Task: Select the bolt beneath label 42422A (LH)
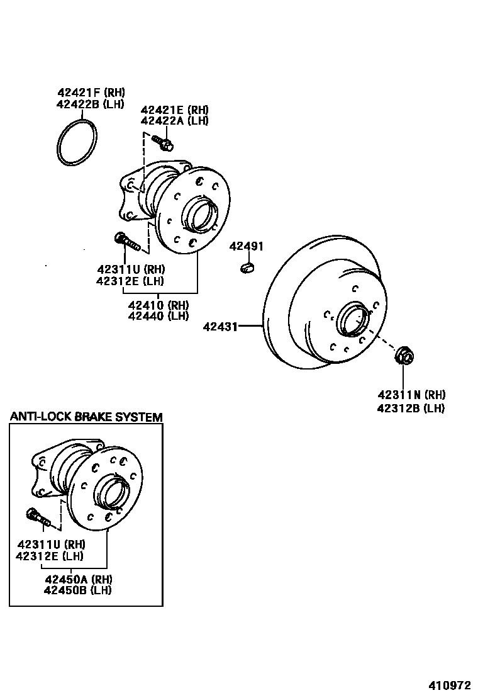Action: tap(165, 144)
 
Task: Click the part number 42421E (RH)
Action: tap(174, 109)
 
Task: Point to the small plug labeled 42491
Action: tap(247, 269)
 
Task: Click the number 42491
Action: tap(246, 246)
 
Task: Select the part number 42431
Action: tap(220, 326)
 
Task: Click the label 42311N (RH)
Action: tap(411, 395)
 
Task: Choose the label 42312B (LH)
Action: tap(411, 408)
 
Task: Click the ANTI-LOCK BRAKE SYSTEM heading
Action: tap(86, 417)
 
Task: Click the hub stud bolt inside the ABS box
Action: tap(37, 517)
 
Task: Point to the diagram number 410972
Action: tap(450, 685)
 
